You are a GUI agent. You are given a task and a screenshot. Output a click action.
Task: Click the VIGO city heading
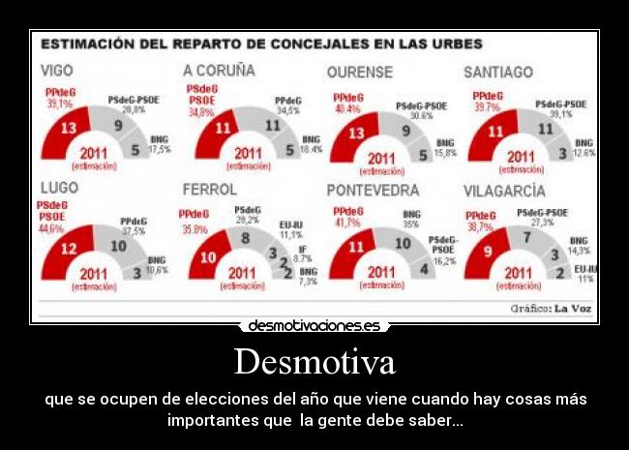click(57, 71)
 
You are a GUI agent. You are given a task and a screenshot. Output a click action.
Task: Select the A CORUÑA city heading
click(219, 71)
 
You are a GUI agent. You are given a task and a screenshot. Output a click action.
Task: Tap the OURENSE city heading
click(359, 72)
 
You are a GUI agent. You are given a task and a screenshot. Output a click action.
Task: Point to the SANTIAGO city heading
click(497, 72)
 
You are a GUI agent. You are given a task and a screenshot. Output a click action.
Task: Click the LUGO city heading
click(59, 188)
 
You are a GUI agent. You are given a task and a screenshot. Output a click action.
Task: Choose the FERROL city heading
click(210, 189)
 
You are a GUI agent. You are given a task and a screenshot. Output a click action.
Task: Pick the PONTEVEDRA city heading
click(373, 190)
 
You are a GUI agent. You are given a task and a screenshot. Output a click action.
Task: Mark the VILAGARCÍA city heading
click(504, 191)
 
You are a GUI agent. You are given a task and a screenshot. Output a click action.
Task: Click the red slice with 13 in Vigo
click(69, 129)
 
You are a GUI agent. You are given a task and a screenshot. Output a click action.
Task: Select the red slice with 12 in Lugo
click(69, 250)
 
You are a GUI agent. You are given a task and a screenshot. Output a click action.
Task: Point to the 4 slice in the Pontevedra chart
click(423, 268)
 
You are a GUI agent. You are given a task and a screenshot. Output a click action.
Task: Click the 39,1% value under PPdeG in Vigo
click(59, 104)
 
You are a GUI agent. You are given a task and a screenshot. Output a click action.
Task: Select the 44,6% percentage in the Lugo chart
click(51, 229)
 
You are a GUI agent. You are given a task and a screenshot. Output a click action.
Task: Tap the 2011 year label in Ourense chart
click(381, 157)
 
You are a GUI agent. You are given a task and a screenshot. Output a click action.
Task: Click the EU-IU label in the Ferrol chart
click(291, 224)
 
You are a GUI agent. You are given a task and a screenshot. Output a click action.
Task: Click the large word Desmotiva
click(314, 363)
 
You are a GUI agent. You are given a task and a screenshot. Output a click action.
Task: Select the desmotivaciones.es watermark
click(314, 326)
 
